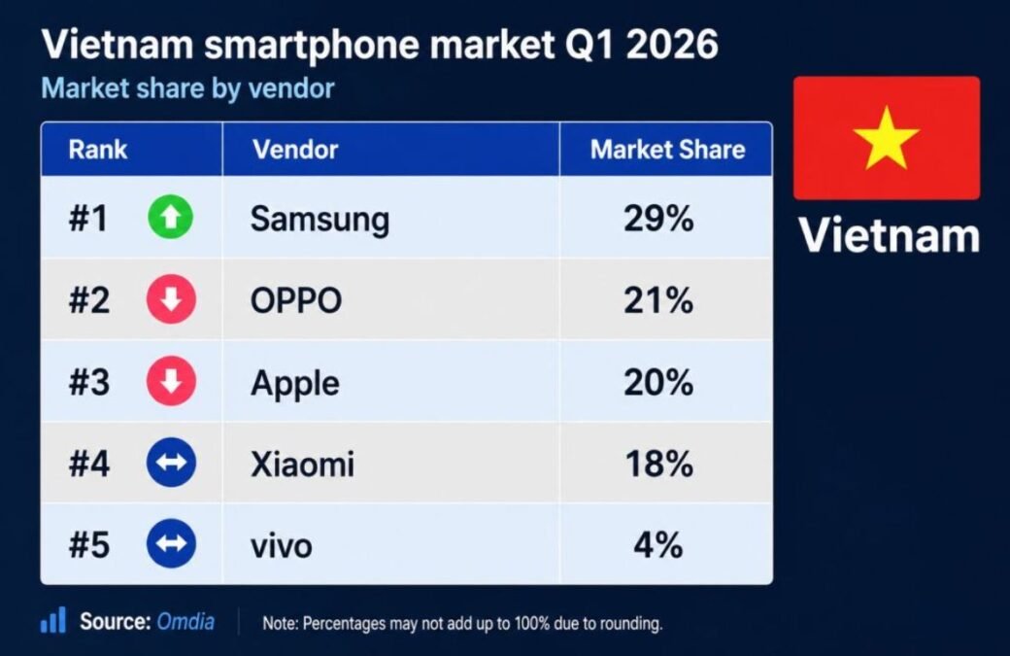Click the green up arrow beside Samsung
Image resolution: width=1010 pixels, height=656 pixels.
171,217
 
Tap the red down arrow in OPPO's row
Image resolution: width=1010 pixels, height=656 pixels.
171,299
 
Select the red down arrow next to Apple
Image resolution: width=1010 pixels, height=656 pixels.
171,382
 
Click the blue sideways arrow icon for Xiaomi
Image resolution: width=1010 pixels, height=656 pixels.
171,463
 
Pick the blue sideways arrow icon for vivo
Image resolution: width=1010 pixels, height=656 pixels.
171,544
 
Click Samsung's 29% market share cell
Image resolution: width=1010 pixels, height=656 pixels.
658,219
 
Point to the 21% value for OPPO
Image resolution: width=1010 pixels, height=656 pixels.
658,300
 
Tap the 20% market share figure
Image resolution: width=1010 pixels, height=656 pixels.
658,382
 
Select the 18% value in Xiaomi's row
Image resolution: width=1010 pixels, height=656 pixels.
659,464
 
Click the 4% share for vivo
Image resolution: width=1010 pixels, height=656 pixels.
658,545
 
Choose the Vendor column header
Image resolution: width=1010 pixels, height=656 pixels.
295,150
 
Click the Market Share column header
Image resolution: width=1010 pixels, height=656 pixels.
667,150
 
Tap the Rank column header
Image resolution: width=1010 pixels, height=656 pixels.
98,150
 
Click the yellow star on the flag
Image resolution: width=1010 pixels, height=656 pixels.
887,140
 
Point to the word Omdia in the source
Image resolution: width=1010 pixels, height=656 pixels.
185,622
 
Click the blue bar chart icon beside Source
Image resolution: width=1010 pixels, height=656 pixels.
52,620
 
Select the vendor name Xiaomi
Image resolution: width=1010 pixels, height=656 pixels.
302,464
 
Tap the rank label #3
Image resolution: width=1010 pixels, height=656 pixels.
89,382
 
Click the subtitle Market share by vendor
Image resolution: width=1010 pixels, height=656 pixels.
187,88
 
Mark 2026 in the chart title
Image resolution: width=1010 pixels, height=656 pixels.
671,45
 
